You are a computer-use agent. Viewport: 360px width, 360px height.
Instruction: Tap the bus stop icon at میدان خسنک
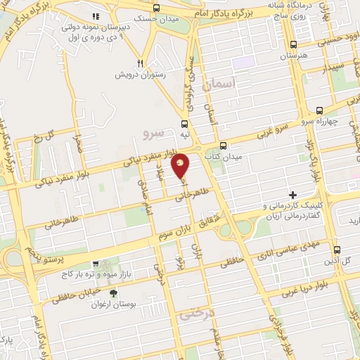[x=155, y=8]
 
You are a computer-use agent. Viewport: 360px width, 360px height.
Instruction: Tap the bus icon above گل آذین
[x=337, y=250]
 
